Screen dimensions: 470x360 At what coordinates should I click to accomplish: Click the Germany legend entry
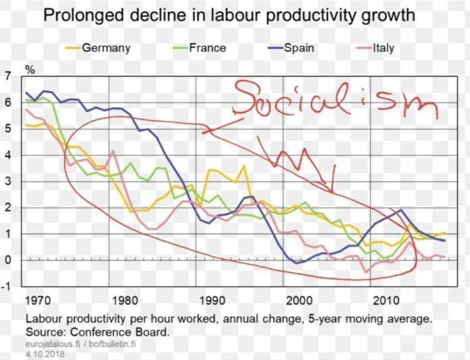[x=98, y=48]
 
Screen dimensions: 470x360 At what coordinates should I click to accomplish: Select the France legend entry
[x=200, y=48]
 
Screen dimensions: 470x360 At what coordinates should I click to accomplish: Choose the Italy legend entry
[x=375, y=48]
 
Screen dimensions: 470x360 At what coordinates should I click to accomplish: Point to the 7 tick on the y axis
[x=8, y=76]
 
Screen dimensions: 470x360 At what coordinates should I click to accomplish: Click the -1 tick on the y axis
[x=6, y=287]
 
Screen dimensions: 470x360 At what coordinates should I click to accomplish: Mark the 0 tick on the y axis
[x=8, y=260]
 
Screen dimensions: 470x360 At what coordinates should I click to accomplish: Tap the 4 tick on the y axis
[x=8, y=155]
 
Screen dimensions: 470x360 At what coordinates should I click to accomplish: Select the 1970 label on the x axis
[x=38, y=301]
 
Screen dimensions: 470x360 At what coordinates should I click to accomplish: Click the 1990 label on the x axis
[x=212, y=301]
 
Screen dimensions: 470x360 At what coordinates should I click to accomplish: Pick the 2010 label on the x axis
[x=386, y=301]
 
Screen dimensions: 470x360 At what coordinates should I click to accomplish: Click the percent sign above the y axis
[x=30, y=70]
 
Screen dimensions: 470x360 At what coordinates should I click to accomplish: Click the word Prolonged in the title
[x=84, y=15]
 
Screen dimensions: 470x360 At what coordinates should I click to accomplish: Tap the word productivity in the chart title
[x=311, y=16]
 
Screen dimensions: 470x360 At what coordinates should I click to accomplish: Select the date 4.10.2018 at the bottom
[x=45, y=354]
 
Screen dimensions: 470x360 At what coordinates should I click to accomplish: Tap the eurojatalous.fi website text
[x=53, y=344]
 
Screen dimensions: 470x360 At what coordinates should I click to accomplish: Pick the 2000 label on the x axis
[x=299, y=301]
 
